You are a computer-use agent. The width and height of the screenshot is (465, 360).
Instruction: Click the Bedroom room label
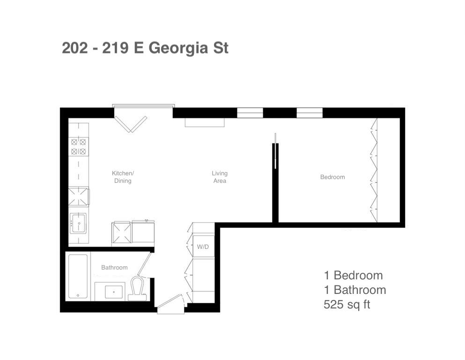click(332, 177)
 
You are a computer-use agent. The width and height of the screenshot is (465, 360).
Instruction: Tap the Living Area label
click(220, 177)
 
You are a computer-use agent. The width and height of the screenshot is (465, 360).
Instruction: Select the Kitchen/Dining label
click(123, 177)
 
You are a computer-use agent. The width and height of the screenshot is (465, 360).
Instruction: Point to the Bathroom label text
click(114, 267)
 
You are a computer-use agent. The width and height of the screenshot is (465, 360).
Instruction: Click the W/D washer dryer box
click(203, 247)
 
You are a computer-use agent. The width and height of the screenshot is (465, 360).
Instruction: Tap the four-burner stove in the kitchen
click(79, 147)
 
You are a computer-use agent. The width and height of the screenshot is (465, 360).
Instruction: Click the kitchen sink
click(78, 223)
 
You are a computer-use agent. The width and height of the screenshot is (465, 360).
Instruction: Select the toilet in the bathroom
click(137, 289)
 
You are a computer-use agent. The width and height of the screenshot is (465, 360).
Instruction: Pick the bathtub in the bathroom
click(78, 276)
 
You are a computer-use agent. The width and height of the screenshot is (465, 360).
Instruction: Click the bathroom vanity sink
click(114, 292)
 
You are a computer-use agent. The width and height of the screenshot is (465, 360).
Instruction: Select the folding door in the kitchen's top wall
click(131, 124)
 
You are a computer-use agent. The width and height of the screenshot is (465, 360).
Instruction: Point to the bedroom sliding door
click(275, 151)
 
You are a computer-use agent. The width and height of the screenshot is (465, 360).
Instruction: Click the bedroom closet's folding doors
click(374, 170)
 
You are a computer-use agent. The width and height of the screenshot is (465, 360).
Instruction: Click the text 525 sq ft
click(347, 305)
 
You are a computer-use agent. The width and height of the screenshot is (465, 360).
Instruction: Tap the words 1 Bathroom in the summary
click(354, 290)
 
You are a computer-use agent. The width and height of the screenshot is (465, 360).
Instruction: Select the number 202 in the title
click(75, 48)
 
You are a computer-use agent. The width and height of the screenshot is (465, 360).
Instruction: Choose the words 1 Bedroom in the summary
click(353, 276)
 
